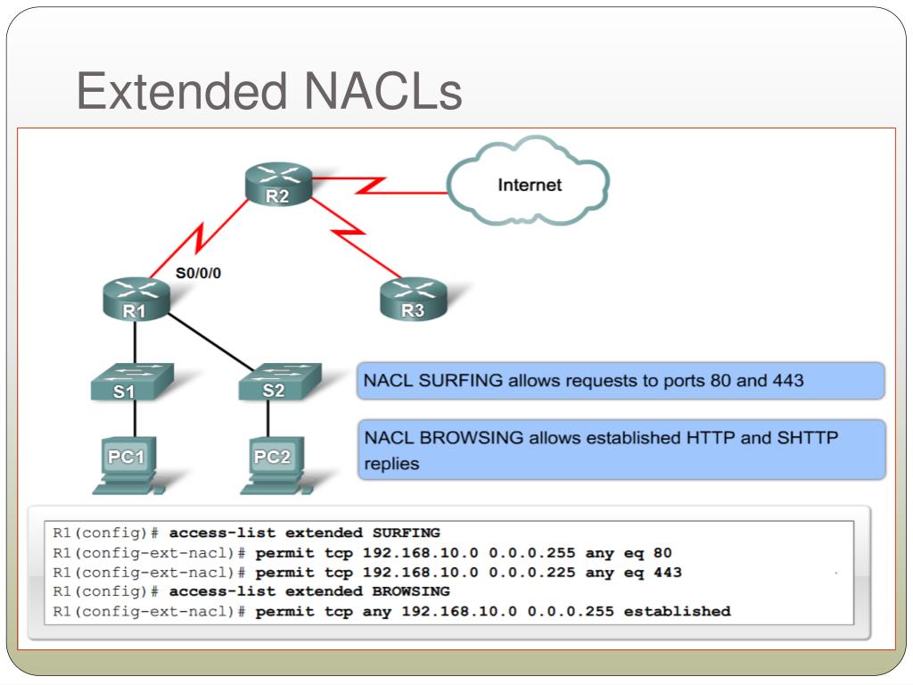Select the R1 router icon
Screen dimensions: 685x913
click(x=135, y=299)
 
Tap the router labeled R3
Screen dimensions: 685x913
click(x=412, y=299)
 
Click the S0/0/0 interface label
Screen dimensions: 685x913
click(x=198, y=274)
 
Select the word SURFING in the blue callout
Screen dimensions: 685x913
click(x=461, y=381)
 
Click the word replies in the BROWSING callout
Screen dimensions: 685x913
click(x=391, y=464)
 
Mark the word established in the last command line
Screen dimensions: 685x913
click(x=677, y=611)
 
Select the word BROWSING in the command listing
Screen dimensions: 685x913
click(x=407, y=591)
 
